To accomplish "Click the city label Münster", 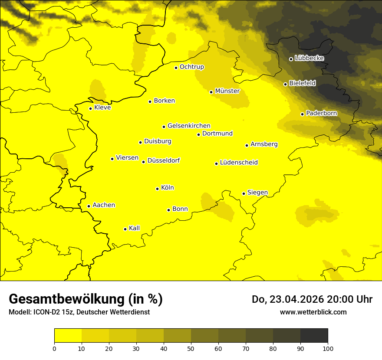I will click(227, 91).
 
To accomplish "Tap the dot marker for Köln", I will click(157, 189).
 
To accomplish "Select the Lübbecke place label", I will click(309, 58).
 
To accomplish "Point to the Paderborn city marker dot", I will click(302, 114).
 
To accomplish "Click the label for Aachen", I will click(103, 205).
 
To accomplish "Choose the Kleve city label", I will click(102, 108).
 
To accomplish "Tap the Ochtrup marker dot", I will click(176, 68).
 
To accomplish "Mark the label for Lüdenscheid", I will click(239, 163).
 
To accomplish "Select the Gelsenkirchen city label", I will click(189, 126).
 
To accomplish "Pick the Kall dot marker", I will click(125, 229).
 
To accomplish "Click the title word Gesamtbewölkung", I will click(66, 299).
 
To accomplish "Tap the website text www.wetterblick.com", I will click(313, 312).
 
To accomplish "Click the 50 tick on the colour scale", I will click(191, 348).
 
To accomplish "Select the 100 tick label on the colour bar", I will click(328, 348).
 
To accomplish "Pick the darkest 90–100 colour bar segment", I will click(314, 336).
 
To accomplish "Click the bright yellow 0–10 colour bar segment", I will click(68, 336).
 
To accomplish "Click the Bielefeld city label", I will click(302, 83).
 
